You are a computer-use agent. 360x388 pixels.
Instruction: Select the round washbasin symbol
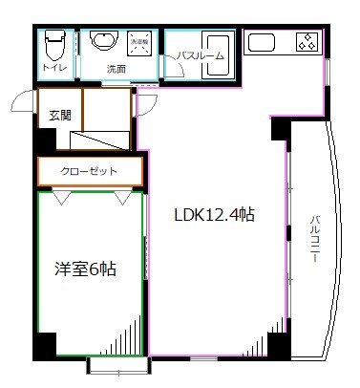pos(100,41)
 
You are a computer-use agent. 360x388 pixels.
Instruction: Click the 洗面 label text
pos(116,69)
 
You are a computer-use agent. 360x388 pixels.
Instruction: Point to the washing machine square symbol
pos(139,45)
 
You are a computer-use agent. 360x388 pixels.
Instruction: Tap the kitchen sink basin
pos(261,42)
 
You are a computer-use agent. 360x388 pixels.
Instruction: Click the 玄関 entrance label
pos(59,116)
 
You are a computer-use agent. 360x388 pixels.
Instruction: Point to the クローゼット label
pos(90,171)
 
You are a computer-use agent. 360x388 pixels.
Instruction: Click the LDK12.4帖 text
pos(213,216)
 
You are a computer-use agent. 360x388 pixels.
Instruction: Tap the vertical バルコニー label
pos(313,240)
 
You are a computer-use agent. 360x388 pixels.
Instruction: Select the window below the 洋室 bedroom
pos(116,363)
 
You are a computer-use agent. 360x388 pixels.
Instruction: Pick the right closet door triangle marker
pos(123,198)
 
